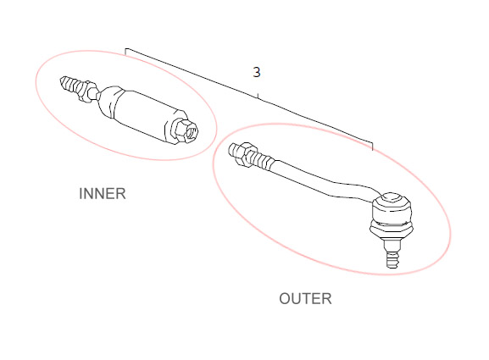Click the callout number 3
click(x=256, y=72)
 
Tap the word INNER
click(x=103, y=194)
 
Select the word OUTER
click(x=305, y=299)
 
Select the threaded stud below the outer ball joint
click(x=392, y=253)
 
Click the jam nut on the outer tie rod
click(x=243, y=153)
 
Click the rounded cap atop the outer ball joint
click(x=392, y=197)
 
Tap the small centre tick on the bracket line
click(x=258, y=96)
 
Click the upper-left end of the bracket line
click(x=125, y=48)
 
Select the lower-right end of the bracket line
click(x=372, y=150)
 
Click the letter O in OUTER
click(x=285, y=299)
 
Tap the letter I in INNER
click(x=81, y=194)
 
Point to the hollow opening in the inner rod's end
click(x=192, y=131)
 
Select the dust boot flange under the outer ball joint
click(x=392, y=230)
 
